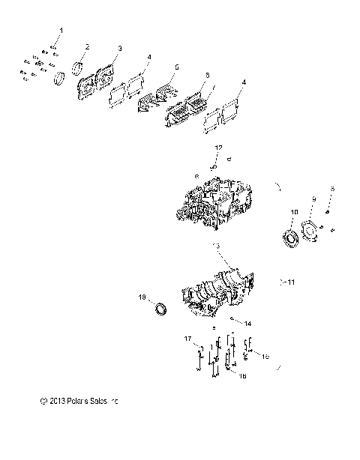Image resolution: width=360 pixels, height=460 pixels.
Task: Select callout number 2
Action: (88, 46)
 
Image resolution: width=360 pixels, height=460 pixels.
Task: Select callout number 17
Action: (189, 339)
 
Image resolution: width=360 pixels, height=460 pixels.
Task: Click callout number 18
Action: (142, 297)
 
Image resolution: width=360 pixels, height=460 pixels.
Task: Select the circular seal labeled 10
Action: (290, 239)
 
